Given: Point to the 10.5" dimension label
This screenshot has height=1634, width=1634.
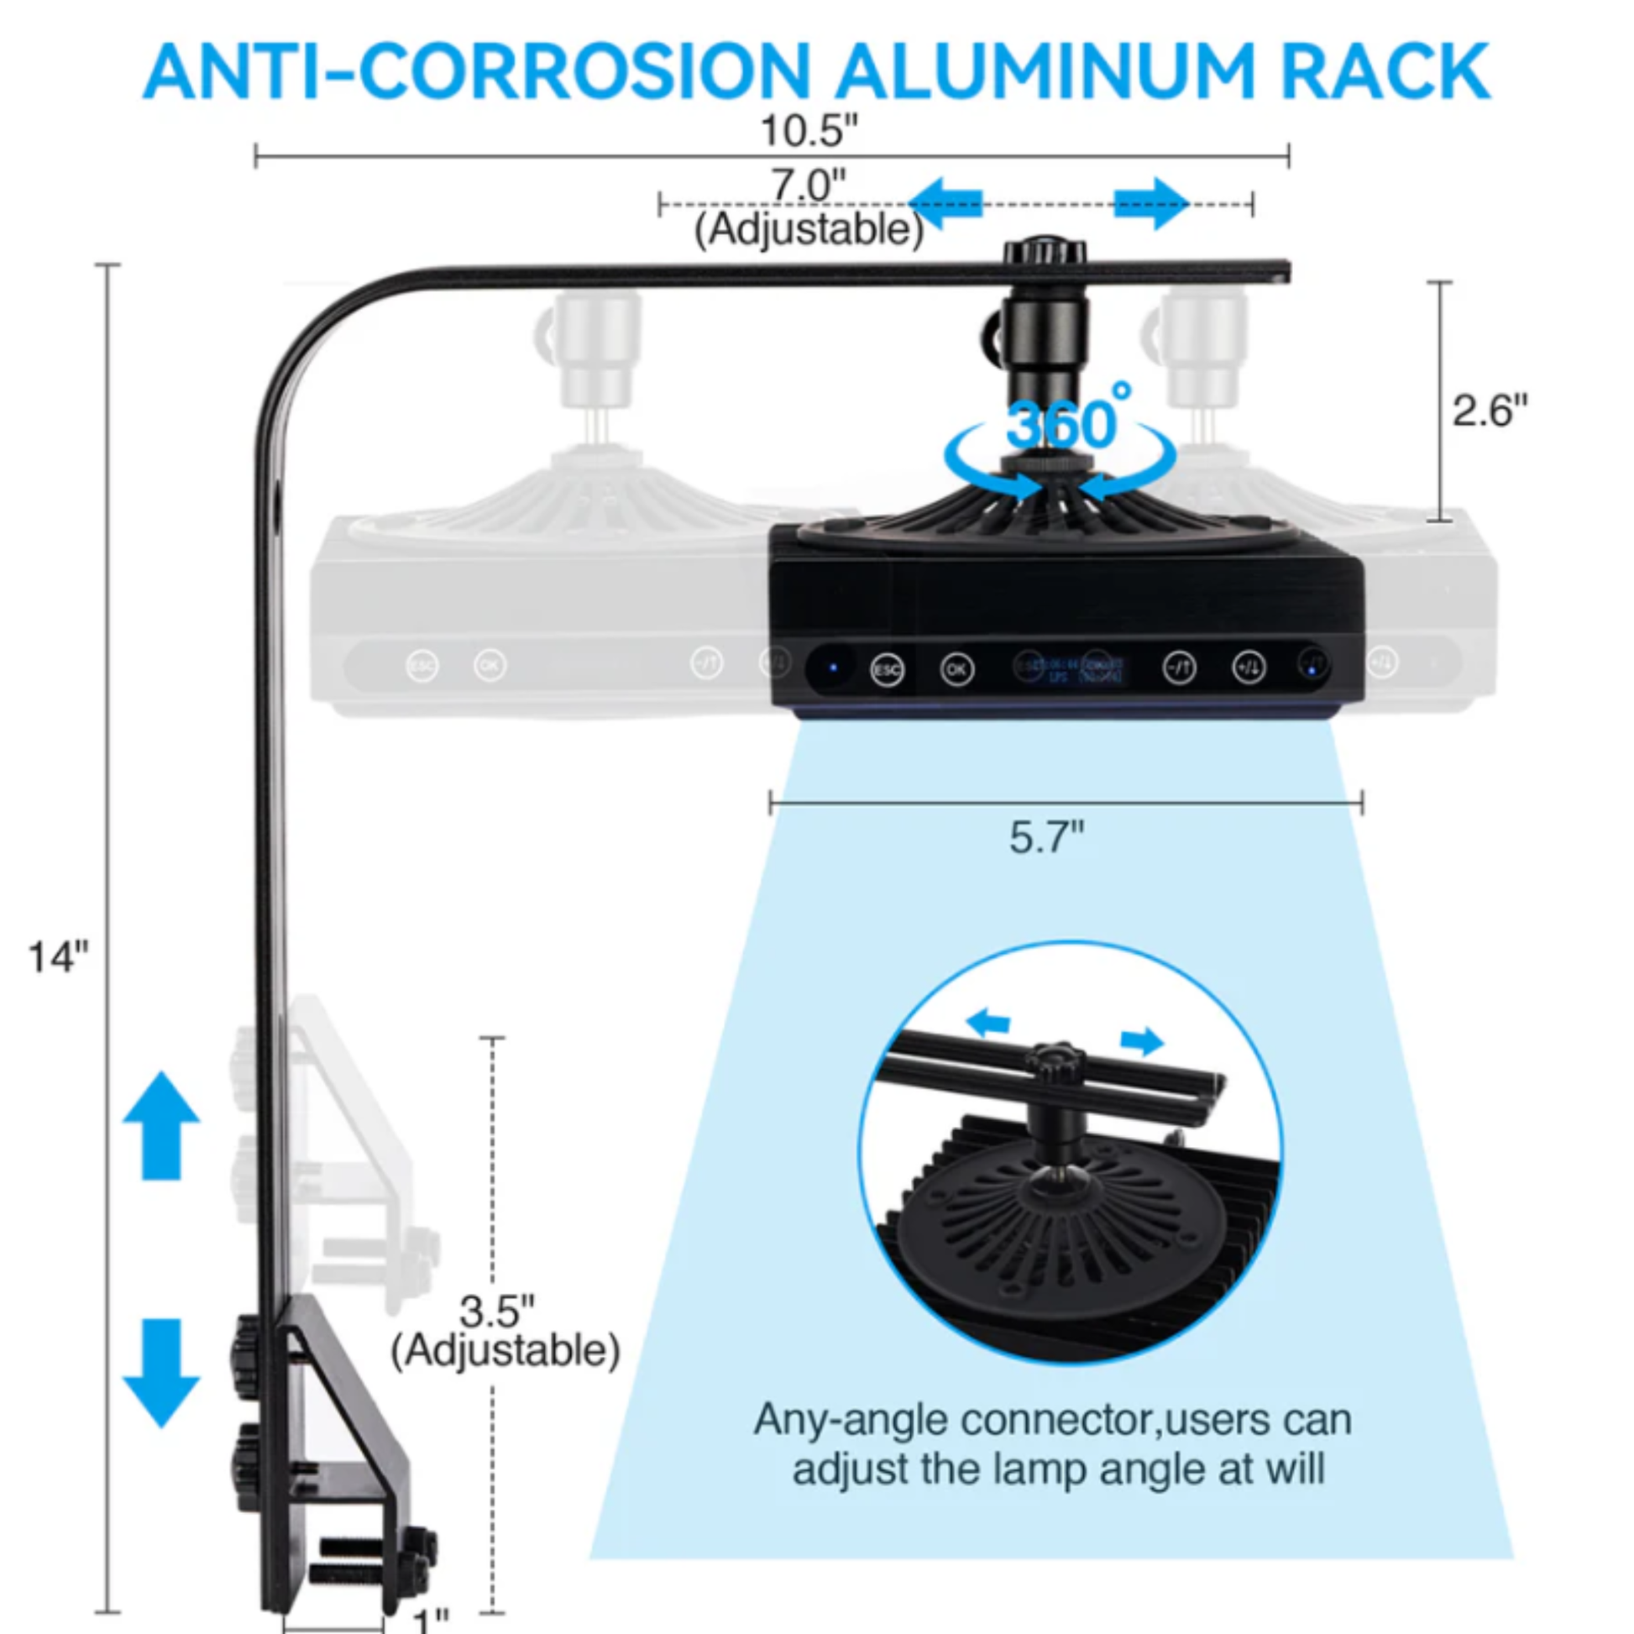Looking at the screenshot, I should [x=809, y=131].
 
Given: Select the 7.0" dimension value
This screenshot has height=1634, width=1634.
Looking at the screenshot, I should [x=808, y=186].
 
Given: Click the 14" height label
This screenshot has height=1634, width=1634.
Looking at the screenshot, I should [x=57, y=957].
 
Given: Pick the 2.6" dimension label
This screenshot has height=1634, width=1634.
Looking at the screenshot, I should [x=1490, y=411].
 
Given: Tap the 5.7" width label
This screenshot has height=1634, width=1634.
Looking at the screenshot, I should [x=1047, y=837].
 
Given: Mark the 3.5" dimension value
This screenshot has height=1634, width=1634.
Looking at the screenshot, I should [x=496, y=1312].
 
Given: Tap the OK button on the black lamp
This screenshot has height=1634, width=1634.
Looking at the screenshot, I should [x=956, y=669].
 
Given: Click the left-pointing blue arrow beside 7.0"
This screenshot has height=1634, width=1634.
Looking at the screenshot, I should [x=945, y=203].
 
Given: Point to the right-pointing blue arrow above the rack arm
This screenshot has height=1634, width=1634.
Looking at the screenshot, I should [x=1152, y=203].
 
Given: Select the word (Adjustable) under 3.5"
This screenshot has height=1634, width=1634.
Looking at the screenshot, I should [x=505, y=1351].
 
